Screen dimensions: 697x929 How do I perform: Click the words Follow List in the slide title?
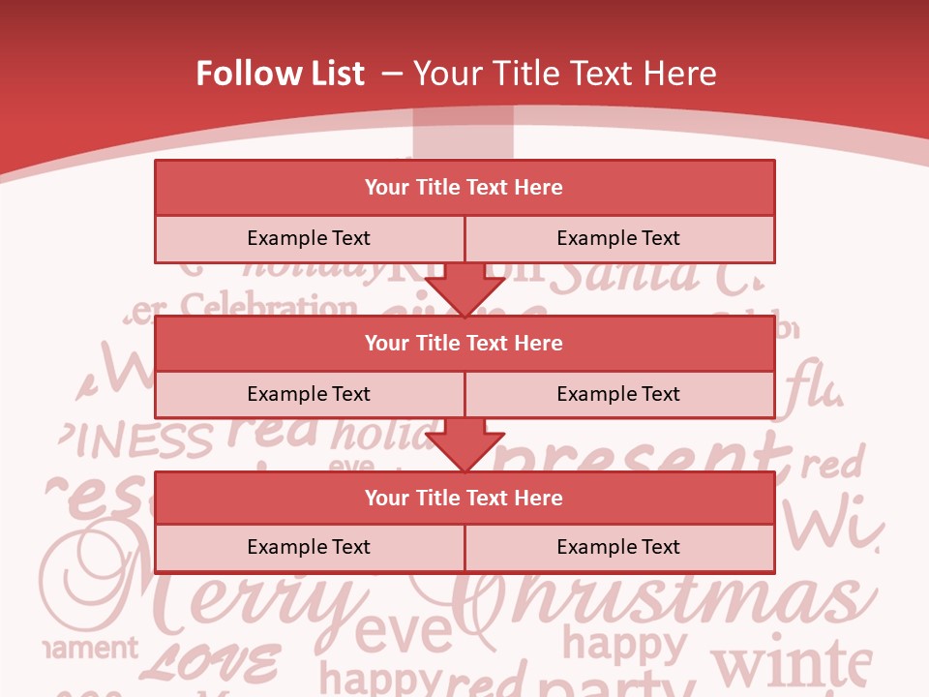point(280,74)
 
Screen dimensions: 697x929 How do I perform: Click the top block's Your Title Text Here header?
point(464,188)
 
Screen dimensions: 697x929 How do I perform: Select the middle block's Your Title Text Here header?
point(464,343)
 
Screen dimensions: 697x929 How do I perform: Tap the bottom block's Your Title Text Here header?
point(464,498)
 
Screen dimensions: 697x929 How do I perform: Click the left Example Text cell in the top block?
point(309,239)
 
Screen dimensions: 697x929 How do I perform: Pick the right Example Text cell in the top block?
point(618,239)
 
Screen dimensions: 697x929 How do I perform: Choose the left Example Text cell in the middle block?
point(309,394)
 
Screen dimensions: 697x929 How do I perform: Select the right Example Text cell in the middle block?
point(618,394)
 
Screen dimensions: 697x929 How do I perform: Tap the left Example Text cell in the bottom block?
point(309,547)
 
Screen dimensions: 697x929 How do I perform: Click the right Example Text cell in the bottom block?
point(618,547)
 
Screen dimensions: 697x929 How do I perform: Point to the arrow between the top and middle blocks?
point(464,289)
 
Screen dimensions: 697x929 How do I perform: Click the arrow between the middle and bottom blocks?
point(464,445)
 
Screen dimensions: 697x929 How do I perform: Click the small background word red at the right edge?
point(831,465)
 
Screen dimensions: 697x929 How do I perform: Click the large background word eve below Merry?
point(404,634)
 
